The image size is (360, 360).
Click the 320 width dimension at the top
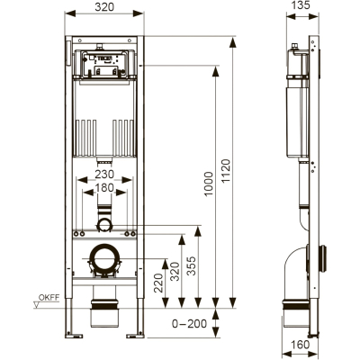coord(104,6)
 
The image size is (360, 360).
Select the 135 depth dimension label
coord(301,4)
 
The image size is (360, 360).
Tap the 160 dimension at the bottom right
coord(301,345)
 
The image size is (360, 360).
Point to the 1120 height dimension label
coord(226,170)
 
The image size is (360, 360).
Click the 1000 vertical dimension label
coord(208,184)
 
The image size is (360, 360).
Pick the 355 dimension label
coord(191,265)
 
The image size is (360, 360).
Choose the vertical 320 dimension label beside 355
coord(175,271)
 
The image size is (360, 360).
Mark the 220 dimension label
coord(158,283)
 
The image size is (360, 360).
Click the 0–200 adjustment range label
coord(189,323)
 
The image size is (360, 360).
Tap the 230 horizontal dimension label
coord(104,174)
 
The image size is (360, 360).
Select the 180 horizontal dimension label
coord(104,188)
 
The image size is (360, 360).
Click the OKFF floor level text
coord(49,298)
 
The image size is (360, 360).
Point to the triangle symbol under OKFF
coord(37,305)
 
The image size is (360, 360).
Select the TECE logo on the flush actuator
coord(103,58)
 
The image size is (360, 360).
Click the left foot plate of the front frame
coord(73,336)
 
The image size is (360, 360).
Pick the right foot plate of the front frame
coord(135,336)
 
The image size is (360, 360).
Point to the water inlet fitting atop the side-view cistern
coord(295,46)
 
